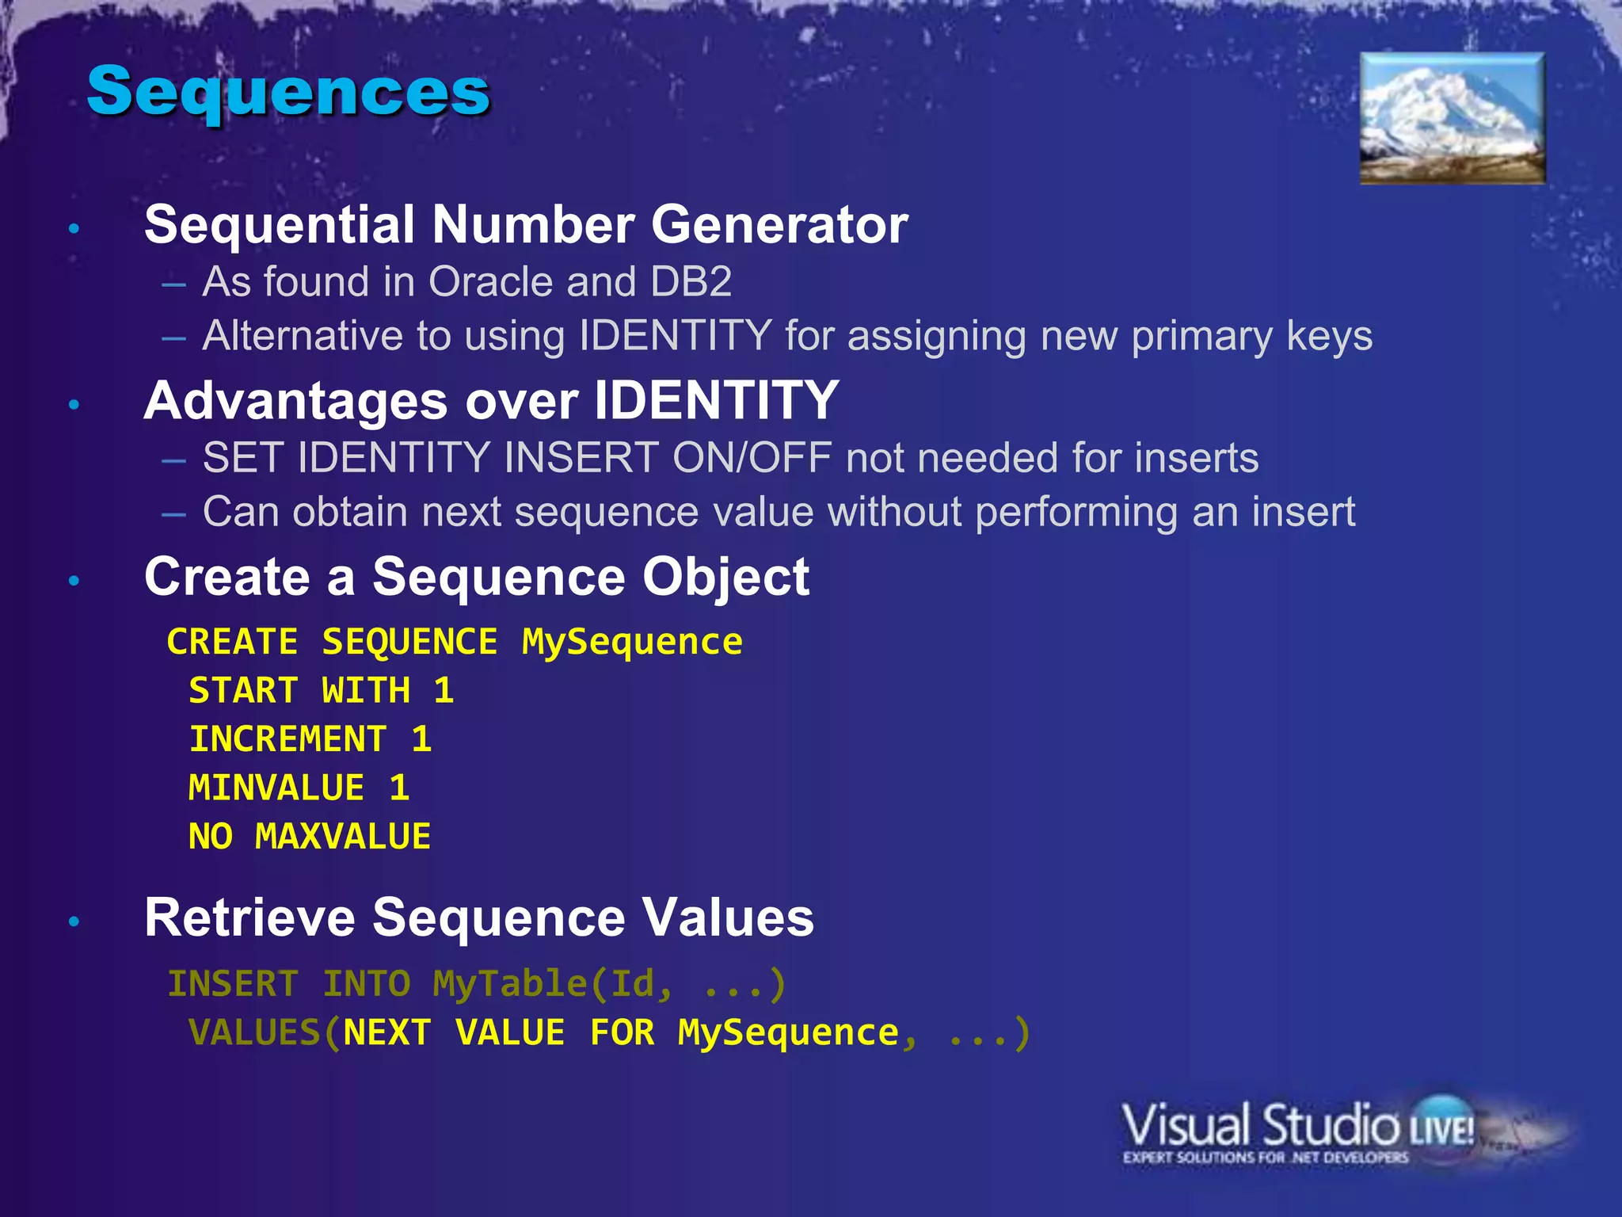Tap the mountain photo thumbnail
coord(1452,118)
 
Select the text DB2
coord(691,282)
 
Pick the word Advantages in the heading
coord(296,401)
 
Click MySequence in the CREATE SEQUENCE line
coord(632,643)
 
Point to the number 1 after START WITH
coord(444,691)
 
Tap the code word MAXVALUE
coord(343,837)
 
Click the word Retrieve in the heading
coord(249,918)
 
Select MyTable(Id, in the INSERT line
coord(553,985)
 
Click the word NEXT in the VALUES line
coord(387,1033)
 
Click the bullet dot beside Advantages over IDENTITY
coord(74,405)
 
